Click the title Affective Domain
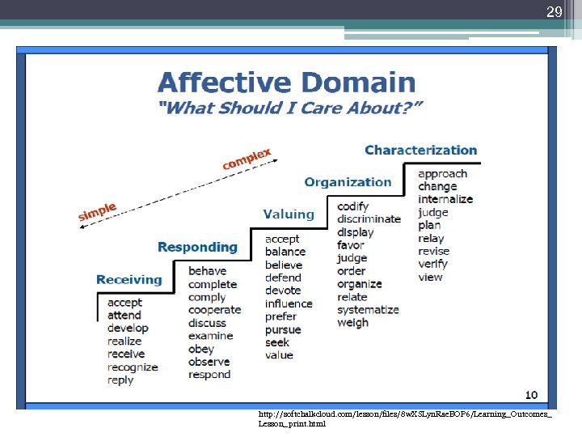click(x=286, y=83)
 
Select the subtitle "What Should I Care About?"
click(x=289, y=108)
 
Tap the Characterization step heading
click(x=420, y=150)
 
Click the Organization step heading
click(x=348, y=182)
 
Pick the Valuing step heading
click(x=289, y=214)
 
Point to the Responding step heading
click(x=197, y=247)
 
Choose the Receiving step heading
click(x=129, y=279)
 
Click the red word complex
click(x=247, y=159)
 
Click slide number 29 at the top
click(x=554, y=12)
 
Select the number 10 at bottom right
click(x=530, y=395)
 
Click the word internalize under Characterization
click(x=445, y=199)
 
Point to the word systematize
click(x=368, y=310)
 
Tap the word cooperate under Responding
click(x=214, y=310)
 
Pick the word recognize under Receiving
click(x=133, y=367)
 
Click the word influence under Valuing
click(x=289, y=303)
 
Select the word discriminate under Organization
click(x=369, y=218)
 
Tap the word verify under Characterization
click(x=432, y=264)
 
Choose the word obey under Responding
click(x=200, y=349)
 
